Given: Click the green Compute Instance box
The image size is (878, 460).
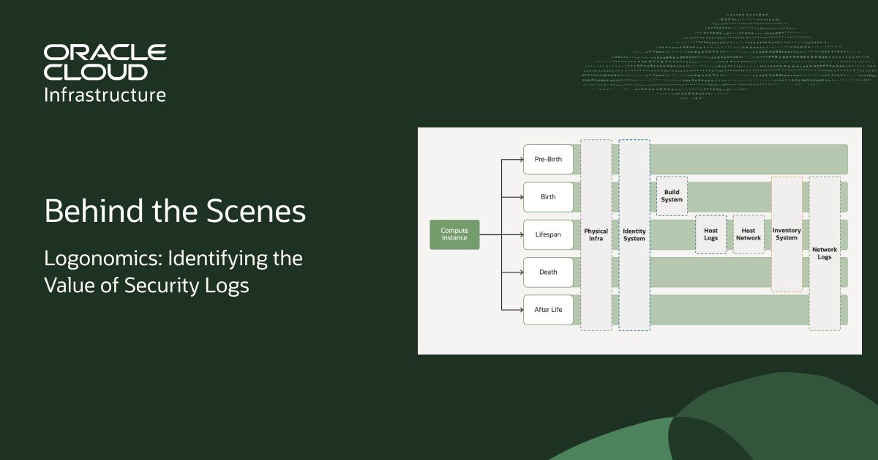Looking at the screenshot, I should [454, 234].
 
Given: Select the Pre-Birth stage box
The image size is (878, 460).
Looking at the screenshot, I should [548, 159].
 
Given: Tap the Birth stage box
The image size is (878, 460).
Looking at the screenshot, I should [548, 197].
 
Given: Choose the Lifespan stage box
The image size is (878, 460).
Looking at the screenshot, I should [548, 234].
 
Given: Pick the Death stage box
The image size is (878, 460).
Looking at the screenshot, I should [548, 272].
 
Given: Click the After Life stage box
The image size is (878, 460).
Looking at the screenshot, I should [548, 310].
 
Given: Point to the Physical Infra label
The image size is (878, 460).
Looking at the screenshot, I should [596, 235].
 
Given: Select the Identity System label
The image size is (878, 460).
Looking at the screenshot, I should [634, 235].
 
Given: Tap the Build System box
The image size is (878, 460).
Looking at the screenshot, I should [672, 196].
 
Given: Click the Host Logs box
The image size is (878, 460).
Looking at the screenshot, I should [710, 234].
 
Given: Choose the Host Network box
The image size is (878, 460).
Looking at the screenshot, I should [748, 234].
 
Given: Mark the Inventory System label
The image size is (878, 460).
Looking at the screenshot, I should [787, 234].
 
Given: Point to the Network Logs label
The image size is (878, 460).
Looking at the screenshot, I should [825, 253].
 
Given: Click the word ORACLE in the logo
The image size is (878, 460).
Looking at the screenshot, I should [105, 53].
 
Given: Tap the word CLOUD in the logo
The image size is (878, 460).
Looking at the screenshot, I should [95, 72].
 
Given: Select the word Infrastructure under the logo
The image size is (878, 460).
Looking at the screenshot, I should [105, 94].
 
